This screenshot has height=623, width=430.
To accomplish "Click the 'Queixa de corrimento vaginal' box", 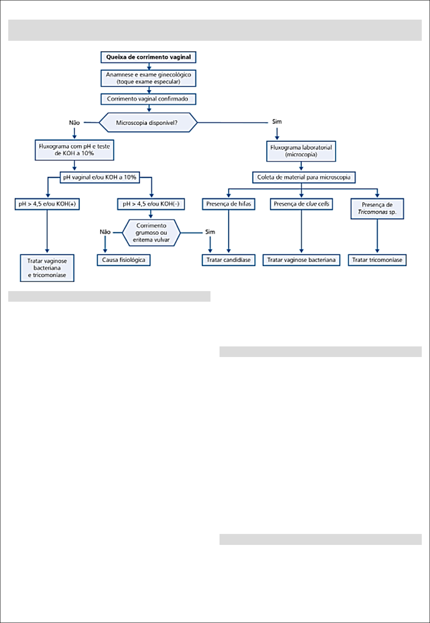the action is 148,57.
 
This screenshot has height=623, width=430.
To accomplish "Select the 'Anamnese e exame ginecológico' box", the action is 148,78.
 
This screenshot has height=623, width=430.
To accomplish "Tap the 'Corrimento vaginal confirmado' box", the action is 148,99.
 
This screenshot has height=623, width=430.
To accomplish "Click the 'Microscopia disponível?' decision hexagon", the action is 148,122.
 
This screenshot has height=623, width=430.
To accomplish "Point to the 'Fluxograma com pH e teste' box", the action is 74,150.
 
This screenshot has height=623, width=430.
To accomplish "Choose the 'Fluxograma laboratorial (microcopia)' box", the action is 301,151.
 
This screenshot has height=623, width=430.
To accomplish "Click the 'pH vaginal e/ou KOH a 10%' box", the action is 100,177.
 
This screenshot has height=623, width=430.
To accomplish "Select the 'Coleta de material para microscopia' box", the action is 304,177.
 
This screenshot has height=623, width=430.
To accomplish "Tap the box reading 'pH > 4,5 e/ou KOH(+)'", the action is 47,204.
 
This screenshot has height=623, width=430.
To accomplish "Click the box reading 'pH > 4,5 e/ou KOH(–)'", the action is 151,204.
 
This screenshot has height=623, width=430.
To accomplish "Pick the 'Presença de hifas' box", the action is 229,204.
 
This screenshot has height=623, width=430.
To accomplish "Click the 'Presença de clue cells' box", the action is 302,204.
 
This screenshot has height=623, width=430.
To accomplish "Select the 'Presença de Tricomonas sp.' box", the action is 377,209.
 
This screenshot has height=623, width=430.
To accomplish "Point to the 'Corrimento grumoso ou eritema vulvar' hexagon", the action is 151,233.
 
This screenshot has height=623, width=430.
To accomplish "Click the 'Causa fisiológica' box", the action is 124,260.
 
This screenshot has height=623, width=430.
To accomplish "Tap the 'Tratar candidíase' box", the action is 229,260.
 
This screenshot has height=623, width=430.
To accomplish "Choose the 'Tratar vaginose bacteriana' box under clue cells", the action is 302,260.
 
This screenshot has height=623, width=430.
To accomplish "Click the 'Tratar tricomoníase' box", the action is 377,260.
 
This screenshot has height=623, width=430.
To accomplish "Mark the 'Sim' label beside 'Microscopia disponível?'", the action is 277,122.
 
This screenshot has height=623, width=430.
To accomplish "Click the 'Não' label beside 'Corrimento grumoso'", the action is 105,232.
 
